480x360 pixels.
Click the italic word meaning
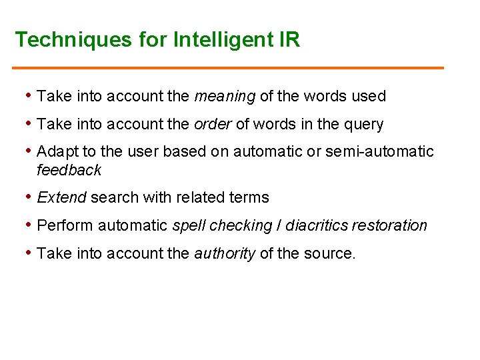(225, 97)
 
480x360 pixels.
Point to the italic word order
(212, 125)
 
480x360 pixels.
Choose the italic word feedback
(69, 170)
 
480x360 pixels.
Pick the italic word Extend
(62, 197)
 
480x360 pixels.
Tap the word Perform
(65, 225)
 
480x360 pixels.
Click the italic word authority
(225, 253)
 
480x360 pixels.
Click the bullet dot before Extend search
(29, 197)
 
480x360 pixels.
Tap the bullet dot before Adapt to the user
(29, 152)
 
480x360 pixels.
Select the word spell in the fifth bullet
(189, 226)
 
